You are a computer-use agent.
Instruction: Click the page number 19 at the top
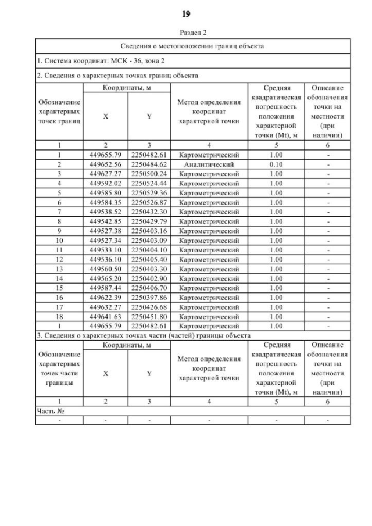click(186, 13)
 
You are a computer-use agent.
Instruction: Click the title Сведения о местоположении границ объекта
click(192, 45)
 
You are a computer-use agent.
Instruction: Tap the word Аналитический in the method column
click(209, 164)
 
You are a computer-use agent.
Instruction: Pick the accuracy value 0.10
click(276, 164)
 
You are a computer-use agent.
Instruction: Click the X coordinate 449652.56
click(105, 164)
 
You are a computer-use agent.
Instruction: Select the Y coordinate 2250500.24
click(149, 174)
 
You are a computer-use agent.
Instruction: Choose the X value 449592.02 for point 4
click(105, 183)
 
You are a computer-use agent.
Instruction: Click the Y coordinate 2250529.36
click(149, 192)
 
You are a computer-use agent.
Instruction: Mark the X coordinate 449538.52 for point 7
click(105, 212)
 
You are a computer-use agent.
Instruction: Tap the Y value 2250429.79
click(149, 221)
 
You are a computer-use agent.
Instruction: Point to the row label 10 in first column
click(59, 240)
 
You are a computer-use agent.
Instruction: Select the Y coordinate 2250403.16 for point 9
click(149, 231)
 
